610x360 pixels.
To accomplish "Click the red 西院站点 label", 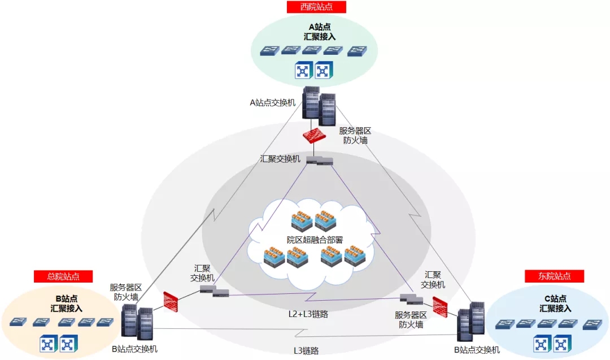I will pyautogui.click(x=316, y=7).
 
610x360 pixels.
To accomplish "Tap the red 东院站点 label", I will pyautogui.click(x=554, y=276).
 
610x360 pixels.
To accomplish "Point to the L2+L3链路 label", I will pyautogui.click(x=307, y=314).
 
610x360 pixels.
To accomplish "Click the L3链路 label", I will pyautogui.click(x=306, y=350).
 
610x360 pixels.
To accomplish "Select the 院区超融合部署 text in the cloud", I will pyautogui.click(x=315, y=239).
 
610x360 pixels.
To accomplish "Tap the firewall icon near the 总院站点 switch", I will pyautogui.click(x=172, y=301).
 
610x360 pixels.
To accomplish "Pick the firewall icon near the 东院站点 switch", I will pyautogui.click(x=440, y=306).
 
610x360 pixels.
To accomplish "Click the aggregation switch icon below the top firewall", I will pyautogui.click(x=319, y=161).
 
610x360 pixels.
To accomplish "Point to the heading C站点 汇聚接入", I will pyautogui.click(x=555, y=303).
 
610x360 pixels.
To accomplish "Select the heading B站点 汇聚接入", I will pyautogui.click(x=66, y=303).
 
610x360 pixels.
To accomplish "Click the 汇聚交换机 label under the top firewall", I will pyautogui.click(x=280, y=159).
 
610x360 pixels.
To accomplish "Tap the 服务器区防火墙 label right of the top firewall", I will pyautogui.click(x=355, y=135).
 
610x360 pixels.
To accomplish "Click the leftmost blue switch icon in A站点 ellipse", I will pyautogui.click(x=270, y=51).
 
